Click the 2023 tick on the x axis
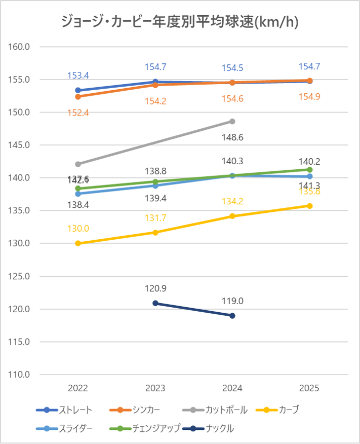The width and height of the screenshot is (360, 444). (155, 388)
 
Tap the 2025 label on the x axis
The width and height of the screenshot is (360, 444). (309, 388)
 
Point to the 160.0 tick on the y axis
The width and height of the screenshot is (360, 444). (20, 47)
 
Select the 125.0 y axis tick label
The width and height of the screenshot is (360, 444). (20, 276)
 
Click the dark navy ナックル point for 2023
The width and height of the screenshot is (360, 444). (155, 303)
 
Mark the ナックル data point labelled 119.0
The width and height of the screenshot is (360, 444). (232, 316)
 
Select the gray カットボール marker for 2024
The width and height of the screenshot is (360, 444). (232, 121)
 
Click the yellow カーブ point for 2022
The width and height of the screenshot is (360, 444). (78, 243)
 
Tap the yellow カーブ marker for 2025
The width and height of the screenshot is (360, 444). (309, 206)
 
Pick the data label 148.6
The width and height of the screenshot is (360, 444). (233, 137)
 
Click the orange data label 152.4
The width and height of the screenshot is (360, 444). (78, 113)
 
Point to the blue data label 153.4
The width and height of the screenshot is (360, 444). (78, 76)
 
